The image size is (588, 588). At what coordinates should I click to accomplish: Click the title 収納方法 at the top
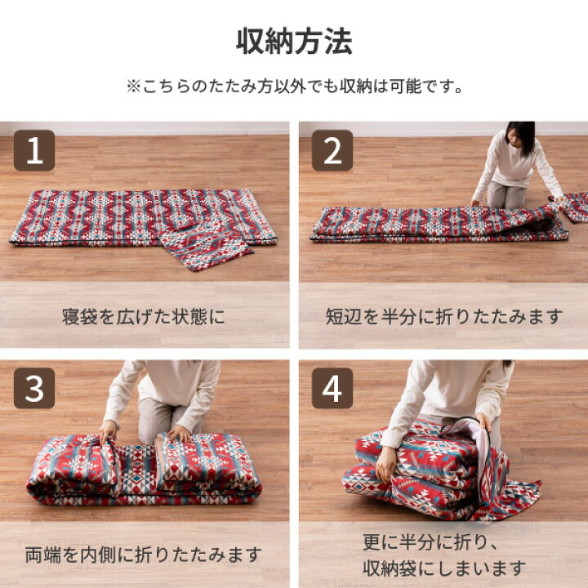[x=294, y=42]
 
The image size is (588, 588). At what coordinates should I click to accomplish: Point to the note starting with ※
[x=294, y=87]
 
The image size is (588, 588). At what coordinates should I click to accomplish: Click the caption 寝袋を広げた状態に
[x=144, y=316]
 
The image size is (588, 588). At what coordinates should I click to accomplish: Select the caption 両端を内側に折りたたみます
[x=144, y=555]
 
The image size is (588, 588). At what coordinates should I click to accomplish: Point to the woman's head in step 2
[x=519, y=137]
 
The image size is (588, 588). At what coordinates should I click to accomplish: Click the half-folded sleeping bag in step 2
[x=433, y=223]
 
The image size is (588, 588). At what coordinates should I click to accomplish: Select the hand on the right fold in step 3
[x=178, y=433]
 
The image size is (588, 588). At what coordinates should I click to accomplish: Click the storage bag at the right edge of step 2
[x=575, y=206]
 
